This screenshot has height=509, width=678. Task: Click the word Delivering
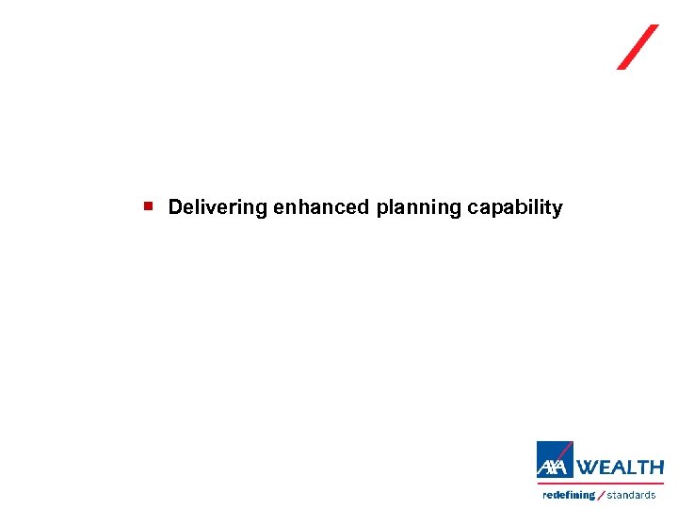[218, 207]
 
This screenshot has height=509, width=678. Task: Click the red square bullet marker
[148, 204]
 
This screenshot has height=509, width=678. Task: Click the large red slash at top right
[638, 47]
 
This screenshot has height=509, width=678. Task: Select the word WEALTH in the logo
[620, 468]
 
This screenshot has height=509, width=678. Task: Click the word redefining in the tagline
[569, 495]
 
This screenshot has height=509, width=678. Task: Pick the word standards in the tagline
[631, 495]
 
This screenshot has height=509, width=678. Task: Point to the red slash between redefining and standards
[601, 495]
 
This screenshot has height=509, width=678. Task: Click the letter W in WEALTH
[587, 468]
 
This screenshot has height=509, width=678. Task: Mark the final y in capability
[557, 209]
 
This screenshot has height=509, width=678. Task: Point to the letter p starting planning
[382, 209]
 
